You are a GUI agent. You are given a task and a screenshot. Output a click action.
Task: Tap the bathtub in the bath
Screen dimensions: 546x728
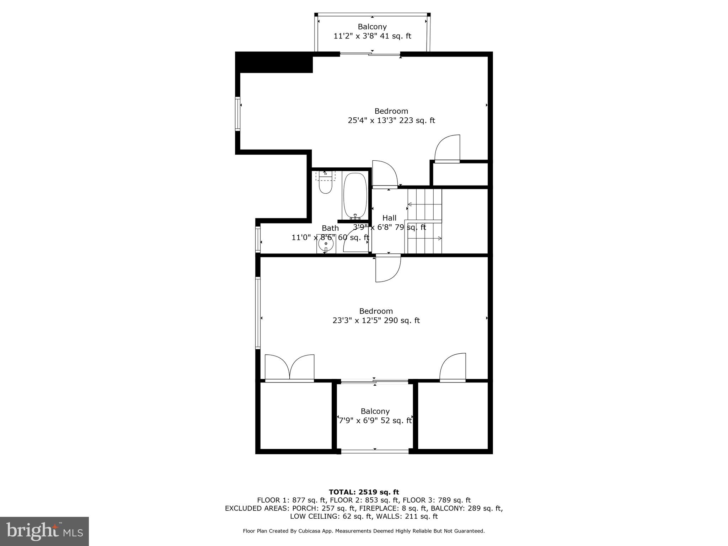(355, 196)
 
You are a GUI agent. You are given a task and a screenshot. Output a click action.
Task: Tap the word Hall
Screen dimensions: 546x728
(389, 218)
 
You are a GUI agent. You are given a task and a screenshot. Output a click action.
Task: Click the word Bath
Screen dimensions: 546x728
(330, 228)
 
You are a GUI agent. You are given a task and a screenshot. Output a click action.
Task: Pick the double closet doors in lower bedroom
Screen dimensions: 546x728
(290, 368)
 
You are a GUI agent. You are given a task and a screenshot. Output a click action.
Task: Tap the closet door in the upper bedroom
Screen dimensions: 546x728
(448, 149)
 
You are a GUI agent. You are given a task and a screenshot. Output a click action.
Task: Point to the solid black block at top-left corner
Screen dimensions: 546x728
(274, 62)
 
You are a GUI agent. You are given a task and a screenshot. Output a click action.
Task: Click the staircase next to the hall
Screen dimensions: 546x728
(424, 221)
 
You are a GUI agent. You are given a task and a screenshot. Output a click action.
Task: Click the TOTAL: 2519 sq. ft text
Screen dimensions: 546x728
(364, 492)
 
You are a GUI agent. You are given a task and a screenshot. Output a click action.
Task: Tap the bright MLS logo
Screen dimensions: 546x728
(44, 531)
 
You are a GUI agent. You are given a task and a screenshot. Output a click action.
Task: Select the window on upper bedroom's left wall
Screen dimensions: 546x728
(237, 114)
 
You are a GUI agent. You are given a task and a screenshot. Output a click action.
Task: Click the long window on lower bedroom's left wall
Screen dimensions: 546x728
(258, 313)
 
